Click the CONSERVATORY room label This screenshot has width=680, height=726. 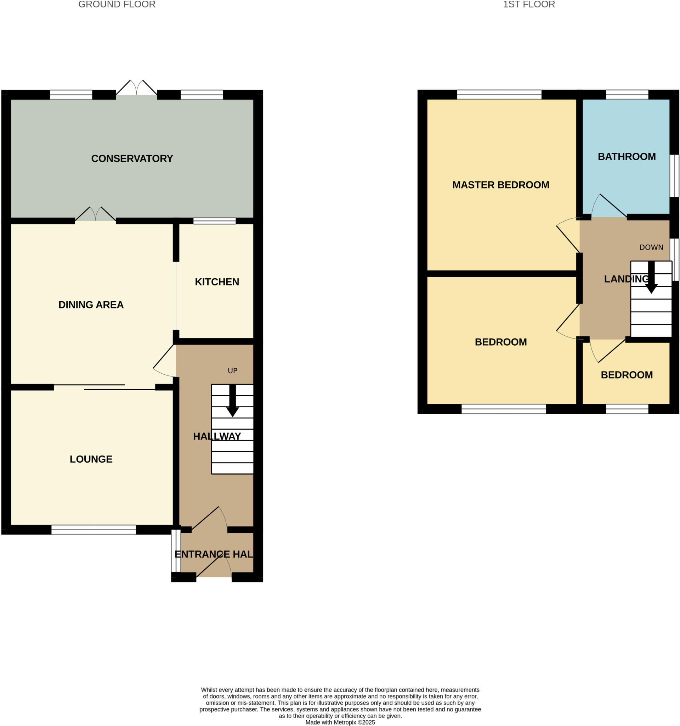(132, 158)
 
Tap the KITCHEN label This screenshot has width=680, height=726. (217, 281)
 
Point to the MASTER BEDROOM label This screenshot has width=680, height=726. (500, 185)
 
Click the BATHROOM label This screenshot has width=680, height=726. (627, 157)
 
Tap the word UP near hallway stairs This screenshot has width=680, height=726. (232, 371)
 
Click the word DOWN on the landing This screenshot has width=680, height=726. (651, 247)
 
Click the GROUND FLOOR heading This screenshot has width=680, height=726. (117, 4)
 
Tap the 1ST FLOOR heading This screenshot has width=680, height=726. (529, 4)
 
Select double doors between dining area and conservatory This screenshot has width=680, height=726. (95, 215)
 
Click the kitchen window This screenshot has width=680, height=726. (214, 221)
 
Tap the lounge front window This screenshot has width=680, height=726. (93, 530)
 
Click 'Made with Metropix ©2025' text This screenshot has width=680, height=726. (340, 722)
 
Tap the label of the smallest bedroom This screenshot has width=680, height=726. (627, 375)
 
